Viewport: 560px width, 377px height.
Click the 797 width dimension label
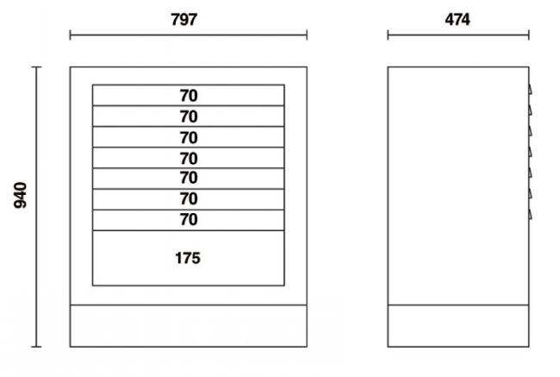[x=184, y=19]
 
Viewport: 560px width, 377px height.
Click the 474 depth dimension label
[x=457, y=19]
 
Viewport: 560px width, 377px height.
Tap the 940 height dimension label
[x=21, y=195]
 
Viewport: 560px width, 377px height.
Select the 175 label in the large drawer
[x=188, y=258]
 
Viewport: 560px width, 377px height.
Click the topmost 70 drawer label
[x=189, y=96]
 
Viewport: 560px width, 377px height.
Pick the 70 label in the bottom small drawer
[x=189, y=219]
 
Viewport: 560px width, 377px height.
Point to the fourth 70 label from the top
[x=189, y=158]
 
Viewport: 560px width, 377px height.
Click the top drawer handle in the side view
[x=531, y=90]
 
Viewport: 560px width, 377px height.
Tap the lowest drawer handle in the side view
[x=531, y=214]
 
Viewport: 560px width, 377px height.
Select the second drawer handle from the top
[x=531, y=110]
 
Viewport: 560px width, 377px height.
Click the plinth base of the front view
[x=189, y=326]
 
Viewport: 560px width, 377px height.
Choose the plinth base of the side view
[x=458, y=326]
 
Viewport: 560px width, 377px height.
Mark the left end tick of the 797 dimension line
[x=70, y=35]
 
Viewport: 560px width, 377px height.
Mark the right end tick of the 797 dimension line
[x=307, y=35]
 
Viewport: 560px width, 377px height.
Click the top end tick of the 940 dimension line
[x=36, y=67]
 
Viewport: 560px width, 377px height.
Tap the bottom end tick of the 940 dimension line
[x=36, y=346]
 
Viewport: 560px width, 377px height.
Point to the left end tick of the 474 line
[x=388, y=35]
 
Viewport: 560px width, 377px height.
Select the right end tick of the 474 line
[x=529, y=35]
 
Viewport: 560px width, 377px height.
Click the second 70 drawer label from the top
[x=189, y=116]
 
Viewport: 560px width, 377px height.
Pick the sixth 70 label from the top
[x=189, y=198]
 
